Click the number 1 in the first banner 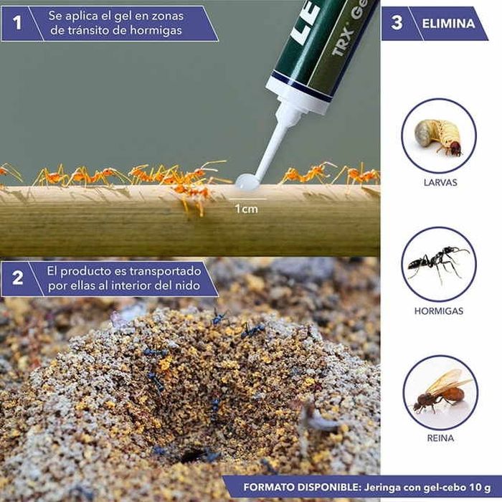pos(17,23)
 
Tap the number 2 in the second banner pos(18,278)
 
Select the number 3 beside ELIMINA pos(397,23)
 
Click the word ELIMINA pos(448,24)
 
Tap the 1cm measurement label pos(246,209)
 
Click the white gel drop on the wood pos(247,182)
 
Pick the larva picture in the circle pos(438,136)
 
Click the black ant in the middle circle pos(437,262)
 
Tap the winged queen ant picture pos(441,392)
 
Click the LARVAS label pos(440,183)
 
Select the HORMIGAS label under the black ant pos(439,311)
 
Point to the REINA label pos(440,438)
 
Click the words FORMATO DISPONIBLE pos(302,488)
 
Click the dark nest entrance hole pos(193,455)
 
